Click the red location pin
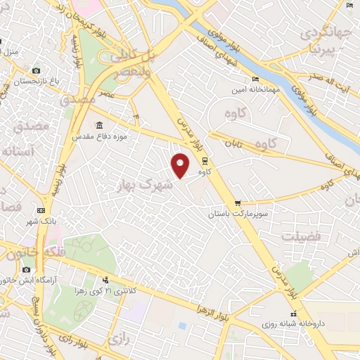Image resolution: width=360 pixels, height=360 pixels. tap(181, 166)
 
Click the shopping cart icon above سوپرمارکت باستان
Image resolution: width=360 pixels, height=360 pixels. tap(238, 202)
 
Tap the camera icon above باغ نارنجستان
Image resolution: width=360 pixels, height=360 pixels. tap(37, 71)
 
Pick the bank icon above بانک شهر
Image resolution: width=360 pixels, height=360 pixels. tap(41, 210)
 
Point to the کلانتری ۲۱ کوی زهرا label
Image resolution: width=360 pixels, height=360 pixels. tap(118, 290)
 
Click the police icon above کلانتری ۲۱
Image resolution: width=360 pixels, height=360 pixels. tap(106, 280)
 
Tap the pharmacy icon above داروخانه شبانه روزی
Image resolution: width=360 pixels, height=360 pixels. tap(292, 314)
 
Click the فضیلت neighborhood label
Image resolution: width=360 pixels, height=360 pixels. tap(301, 236)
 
